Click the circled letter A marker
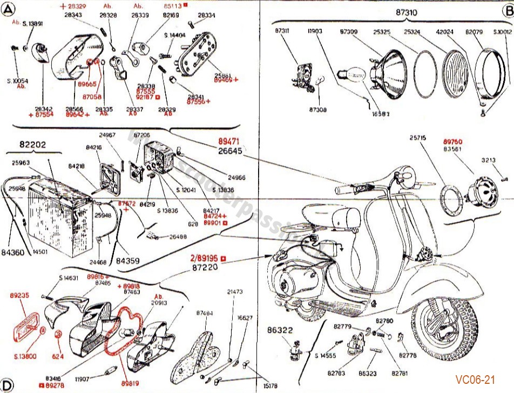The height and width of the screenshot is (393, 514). tap(8, 9)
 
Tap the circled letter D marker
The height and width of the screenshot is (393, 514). tap(8, 384)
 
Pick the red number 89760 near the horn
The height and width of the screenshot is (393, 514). tap(453, 142)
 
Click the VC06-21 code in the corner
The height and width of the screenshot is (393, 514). tap(475, 380)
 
